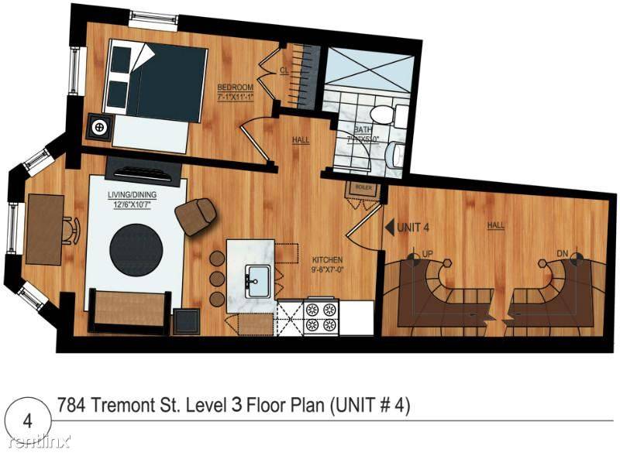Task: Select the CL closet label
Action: tap(284, 70)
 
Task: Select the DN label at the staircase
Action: tap(563, 253)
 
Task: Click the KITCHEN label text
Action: tap(328, 260)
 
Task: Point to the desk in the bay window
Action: tap(45, 228)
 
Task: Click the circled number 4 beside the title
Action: tap(28, 421)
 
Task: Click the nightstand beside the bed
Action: tap(99, 126)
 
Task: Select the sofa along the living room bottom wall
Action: tap(129, 308)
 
